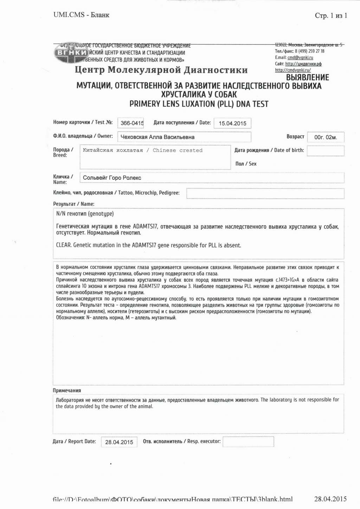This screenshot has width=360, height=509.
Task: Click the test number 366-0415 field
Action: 131,123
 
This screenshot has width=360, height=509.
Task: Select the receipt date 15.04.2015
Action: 232,123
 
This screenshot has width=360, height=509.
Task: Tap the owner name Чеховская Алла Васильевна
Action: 157,137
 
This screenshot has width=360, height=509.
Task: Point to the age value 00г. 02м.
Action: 326,137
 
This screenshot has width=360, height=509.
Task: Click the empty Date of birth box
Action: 326,151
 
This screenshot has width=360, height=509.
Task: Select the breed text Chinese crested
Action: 178,150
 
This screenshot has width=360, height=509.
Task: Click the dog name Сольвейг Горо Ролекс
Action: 112,178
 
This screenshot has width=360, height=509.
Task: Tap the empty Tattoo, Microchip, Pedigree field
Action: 265,193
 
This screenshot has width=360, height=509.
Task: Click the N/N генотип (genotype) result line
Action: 85,214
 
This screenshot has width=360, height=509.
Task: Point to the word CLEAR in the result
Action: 64,245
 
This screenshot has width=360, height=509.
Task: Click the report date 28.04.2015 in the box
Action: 119,442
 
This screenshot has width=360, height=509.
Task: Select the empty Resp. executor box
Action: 248,441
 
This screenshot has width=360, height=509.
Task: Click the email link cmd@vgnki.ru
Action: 300,57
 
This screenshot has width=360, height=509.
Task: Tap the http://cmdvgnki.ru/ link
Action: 293,70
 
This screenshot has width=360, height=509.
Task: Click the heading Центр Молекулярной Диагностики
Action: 161,70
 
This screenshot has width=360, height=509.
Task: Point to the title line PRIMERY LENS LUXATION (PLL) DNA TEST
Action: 199,104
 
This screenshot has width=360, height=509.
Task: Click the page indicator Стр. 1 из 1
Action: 331,15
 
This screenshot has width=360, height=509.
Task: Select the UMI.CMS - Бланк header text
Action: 81,15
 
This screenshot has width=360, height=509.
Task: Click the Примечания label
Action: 67,390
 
